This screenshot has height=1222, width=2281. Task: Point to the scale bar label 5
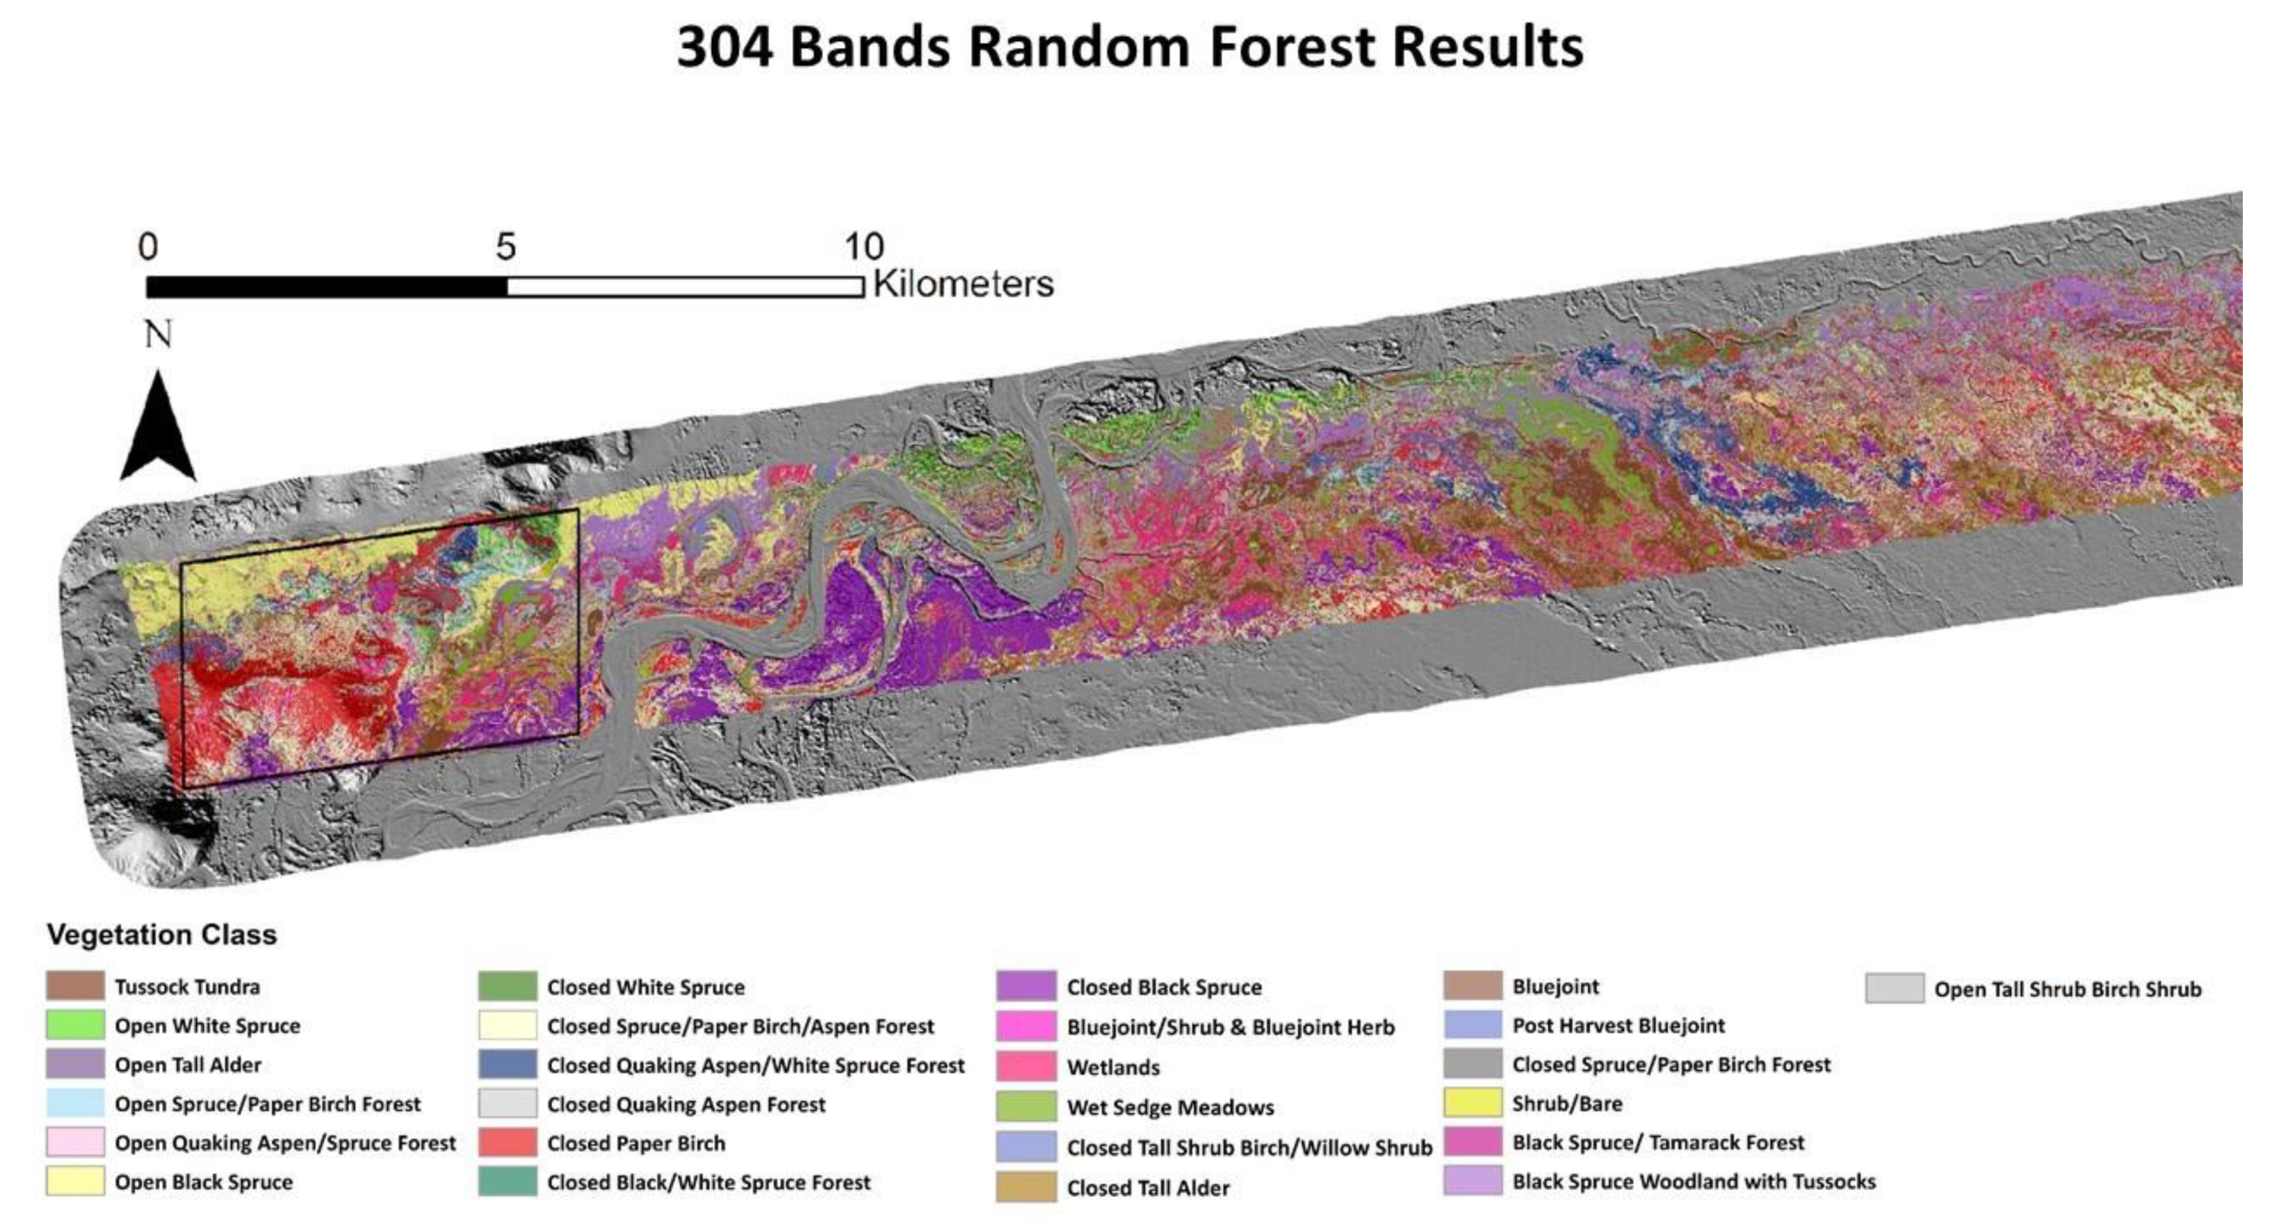click(505, 246)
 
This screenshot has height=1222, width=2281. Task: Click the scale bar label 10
click(863, 246)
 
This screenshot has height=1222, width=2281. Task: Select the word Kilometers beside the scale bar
click(964, 284)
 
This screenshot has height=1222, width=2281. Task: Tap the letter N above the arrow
click(157, 335)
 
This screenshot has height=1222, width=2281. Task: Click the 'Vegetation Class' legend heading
click(161, 935)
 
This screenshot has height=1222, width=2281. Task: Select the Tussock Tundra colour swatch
click(75, 986)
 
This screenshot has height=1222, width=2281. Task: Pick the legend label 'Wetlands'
click(1113, 1067)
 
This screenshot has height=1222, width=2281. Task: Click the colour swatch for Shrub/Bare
click(1472, 1103)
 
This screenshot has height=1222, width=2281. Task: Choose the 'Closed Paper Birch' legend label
click(636, 1143)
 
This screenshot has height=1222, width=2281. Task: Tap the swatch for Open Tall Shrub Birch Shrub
click(1894, 989)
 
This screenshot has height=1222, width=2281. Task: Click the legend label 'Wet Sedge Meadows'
click(1170, 1107)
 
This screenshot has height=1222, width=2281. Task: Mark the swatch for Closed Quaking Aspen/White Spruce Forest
click(507, 1065)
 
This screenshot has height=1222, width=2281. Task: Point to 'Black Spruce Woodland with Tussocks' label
click(1693, 1181)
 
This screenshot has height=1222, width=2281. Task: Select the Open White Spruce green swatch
click(75, 1025)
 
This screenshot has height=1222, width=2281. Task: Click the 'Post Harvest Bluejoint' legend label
click(1618, 1025)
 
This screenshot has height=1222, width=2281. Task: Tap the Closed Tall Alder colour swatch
click(1025, 1186)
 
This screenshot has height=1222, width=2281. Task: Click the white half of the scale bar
click(685, 287)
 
